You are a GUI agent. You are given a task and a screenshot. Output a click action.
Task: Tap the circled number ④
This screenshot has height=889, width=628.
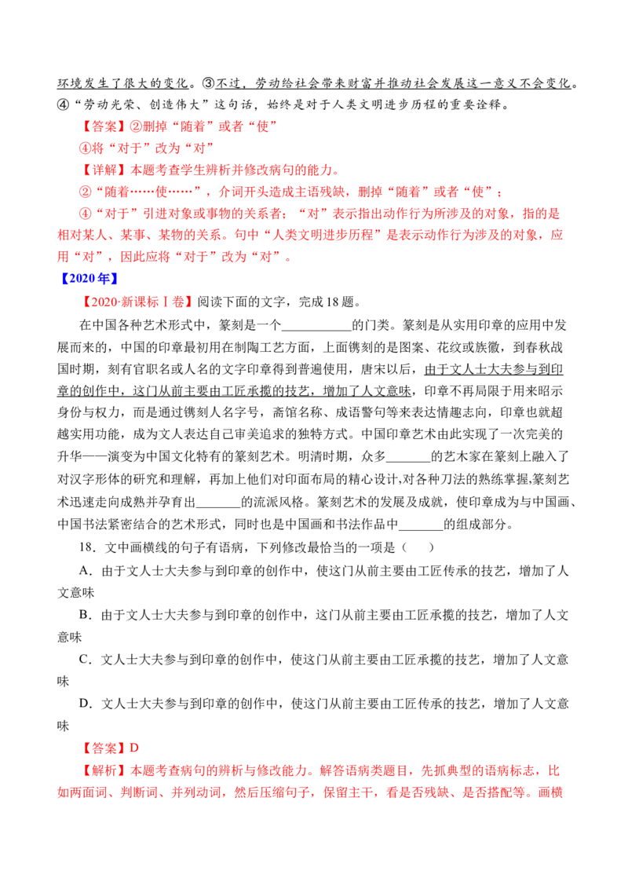[64, 104]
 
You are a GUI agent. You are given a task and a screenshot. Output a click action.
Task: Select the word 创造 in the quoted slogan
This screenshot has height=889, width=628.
[168, 104]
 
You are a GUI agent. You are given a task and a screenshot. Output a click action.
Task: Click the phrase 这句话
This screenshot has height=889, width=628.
[246, 104]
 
